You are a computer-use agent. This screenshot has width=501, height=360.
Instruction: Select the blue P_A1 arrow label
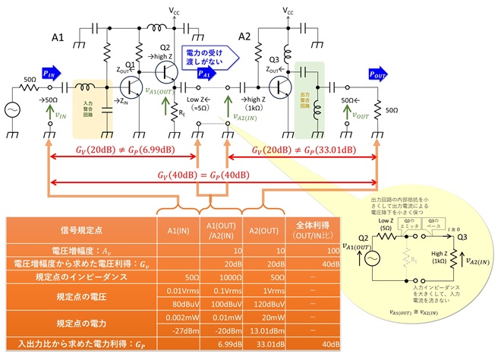[204, 73]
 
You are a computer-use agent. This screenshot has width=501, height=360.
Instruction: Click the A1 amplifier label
[58, 36]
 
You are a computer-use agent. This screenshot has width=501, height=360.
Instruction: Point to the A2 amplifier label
[244, 36]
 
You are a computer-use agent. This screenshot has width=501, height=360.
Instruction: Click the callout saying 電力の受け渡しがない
[206, 54]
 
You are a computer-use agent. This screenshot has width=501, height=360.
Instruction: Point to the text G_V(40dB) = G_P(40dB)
[214, 176]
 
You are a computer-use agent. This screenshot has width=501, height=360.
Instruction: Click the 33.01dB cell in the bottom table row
[266, 344]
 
